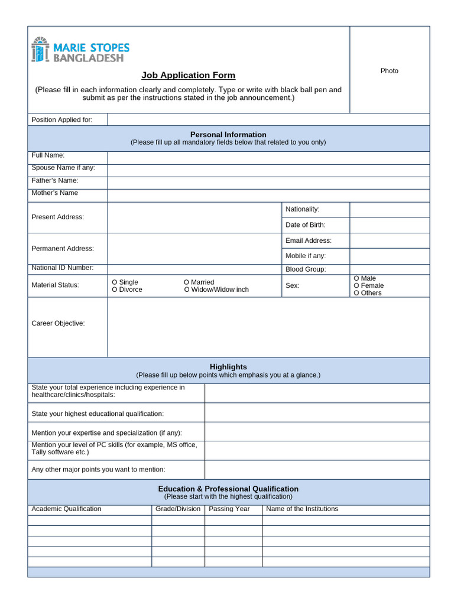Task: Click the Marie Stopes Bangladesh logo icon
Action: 39,50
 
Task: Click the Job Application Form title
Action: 188,75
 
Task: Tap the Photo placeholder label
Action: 389,71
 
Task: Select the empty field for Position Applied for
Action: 268,120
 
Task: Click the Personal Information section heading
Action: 228,135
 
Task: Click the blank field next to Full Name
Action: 268,157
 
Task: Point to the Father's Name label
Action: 55,181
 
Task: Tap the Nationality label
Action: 302,209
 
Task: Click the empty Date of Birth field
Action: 389,225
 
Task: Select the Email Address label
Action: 308,240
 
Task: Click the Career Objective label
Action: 58,323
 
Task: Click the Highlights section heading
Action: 228,367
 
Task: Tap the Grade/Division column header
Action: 178,509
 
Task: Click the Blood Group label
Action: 306,269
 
